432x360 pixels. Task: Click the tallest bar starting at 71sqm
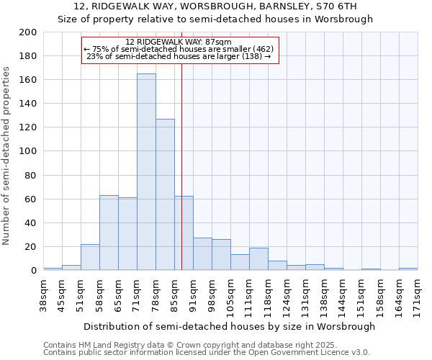point(146,172)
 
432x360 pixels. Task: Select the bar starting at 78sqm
point(165,194)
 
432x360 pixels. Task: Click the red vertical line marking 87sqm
point(181,166)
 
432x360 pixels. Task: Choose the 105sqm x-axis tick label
point(230,294)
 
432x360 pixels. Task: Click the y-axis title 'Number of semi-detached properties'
point(7,156)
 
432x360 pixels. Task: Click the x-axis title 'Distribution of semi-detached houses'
point(230,326)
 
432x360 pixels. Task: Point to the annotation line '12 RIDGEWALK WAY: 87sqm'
point(178,42)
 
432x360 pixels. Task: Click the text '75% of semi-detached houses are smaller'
point(178,49)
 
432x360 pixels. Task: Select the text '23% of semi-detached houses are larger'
point(178,55)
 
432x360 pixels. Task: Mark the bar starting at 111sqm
point(258,258)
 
